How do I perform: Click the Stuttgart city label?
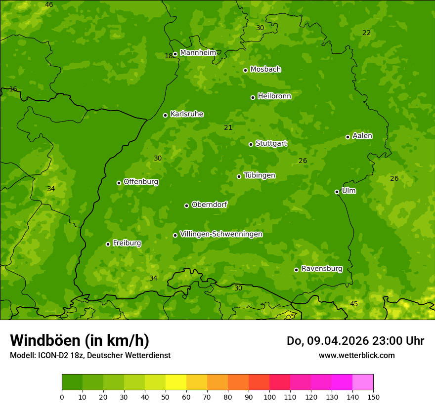coord(271,143)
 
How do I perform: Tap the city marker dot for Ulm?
coord(337,192)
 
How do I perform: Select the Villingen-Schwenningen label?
coord(221,234)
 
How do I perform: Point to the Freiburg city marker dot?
coord(108,244)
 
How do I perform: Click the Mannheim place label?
coord(198,53)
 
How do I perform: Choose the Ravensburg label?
coord(322,269)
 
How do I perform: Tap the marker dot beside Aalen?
coord(348,137)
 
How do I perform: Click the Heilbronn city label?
coord(274,96)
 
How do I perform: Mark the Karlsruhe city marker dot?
coord(165,115)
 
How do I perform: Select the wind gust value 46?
coord(49,5)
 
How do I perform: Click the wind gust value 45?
coord(353,304)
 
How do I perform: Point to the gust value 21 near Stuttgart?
coord(228,128)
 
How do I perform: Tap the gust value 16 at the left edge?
coord(13,89)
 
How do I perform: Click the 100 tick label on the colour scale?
coord(269,397)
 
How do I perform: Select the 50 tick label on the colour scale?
coord(166,397)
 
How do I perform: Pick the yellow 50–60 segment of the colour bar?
coord(176,382)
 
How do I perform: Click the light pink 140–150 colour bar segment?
coord(363,382)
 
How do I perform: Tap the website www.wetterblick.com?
coord(356,355)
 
